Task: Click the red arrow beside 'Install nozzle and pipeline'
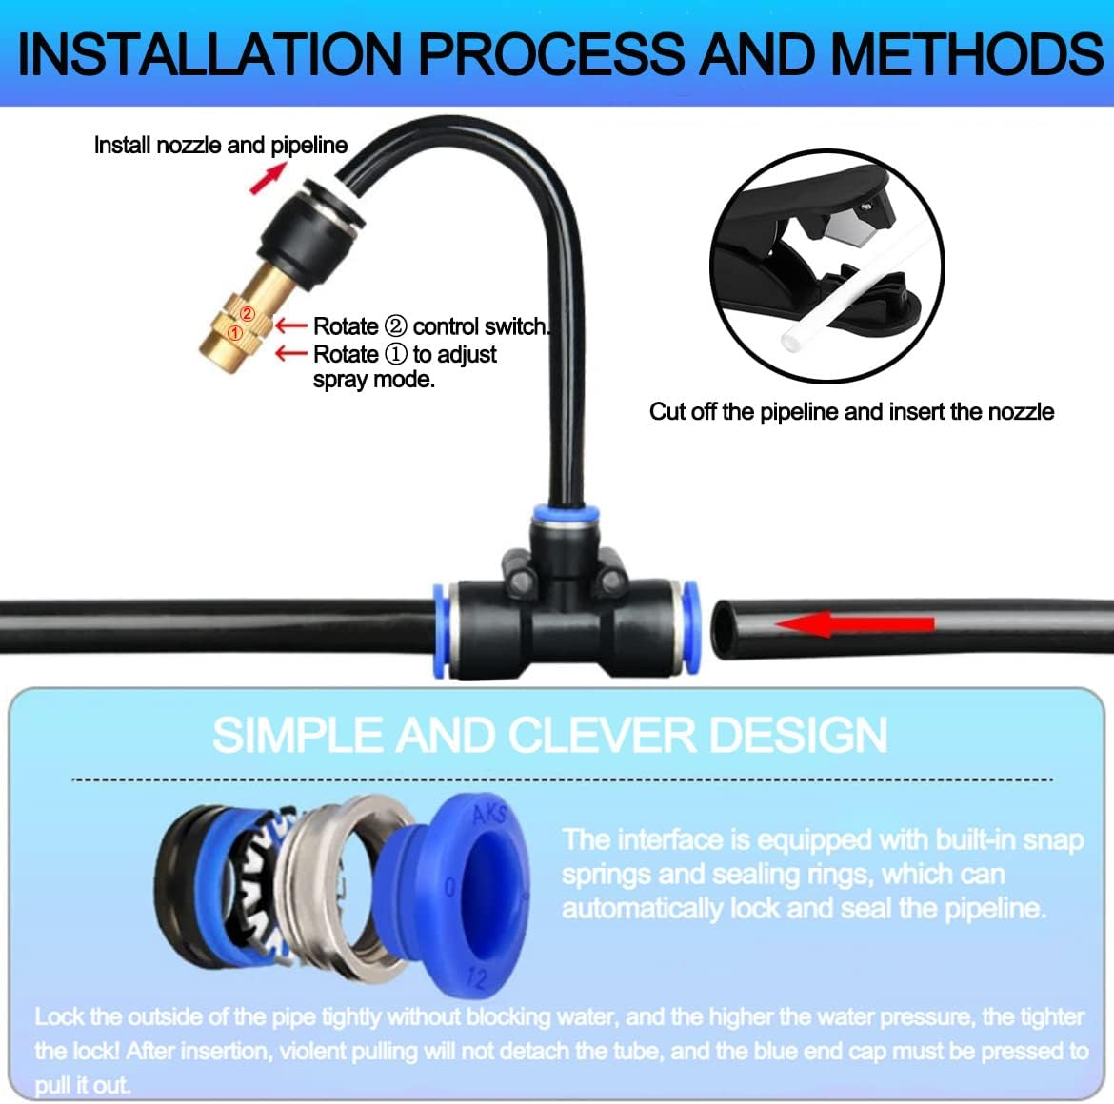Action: click(268, 178)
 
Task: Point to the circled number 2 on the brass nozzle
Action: click(247, 314)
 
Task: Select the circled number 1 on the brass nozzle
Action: click(234, 333)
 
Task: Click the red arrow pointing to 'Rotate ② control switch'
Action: click(291, 326)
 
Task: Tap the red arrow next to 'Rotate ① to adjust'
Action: click(291, 354)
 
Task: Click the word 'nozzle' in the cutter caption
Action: click(1021, 412)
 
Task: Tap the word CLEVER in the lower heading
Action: click(604, 736)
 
